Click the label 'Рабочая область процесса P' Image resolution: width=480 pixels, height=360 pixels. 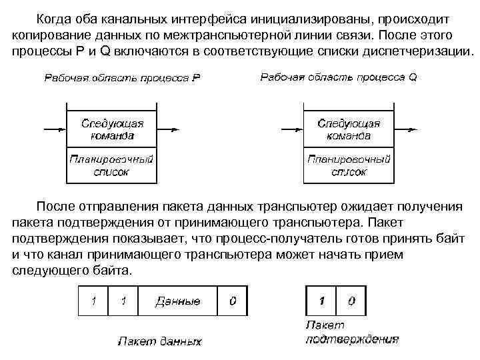click(x=123, y=77)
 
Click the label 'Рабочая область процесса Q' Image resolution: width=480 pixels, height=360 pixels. click(x=338, y=77)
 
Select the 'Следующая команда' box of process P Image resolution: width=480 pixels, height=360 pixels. click(x=112, y=129)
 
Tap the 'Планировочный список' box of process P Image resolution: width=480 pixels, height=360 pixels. click(x=112, y=165)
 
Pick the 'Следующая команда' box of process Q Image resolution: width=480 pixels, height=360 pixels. click(x=349, y=129)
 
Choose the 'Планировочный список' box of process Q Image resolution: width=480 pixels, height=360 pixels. click(x=349, y=165)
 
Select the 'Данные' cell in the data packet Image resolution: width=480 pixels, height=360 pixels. click(x=177, y=301)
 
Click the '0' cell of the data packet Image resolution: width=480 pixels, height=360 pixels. click(x=232, y=301)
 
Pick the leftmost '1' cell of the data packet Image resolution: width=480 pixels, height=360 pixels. click(x=93, y=301)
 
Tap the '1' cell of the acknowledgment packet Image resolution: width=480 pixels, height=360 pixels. click(x=321, y=301)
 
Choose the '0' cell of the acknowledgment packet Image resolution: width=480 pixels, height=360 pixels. click(x=351, y=301)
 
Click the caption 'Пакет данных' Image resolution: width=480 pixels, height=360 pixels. click(x=160, y=341)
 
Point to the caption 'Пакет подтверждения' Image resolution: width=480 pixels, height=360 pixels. click(x=351, y=332)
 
